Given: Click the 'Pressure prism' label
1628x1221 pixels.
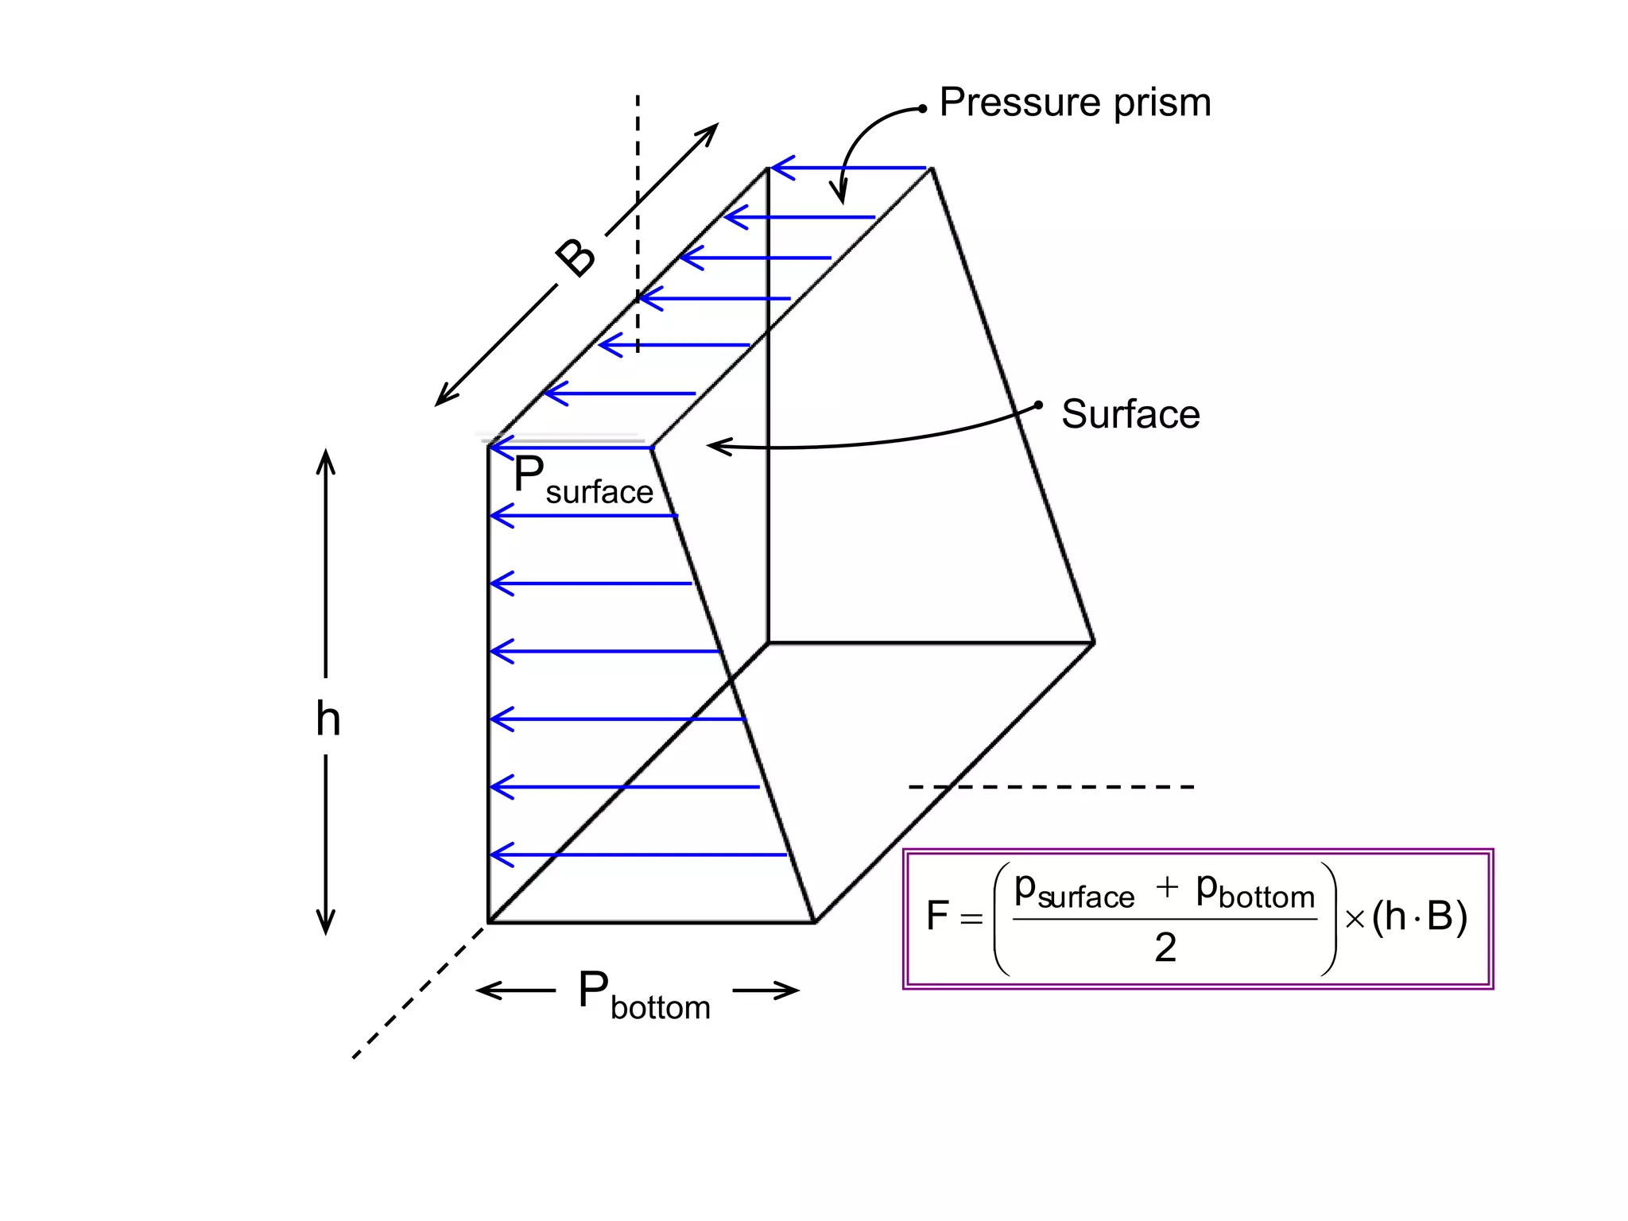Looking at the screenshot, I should (x=1075, y=103).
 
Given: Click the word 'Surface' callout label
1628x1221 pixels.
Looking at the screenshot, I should (x=1130, y=415).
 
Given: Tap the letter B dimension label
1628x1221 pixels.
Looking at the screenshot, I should (x=576, y=257).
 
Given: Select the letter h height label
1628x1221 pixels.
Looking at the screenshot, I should (x=328, y=719).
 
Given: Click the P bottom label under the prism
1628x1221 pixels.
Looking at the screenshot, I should (x=643, y=995).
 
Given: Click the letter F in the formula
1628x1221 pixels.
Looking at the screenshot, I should (x=937, y=916).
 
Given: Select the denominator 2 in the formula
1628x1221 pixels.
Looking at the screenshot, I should (x=1165, y=948).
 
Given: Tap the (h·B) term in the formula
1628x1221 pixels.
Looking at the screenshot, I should (x=1419, y=916).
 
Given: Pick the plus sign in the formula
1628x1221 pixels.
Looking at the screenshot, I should (x=1166, y=887).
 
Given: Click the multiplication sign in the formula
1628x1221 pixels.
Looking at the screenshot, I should (x=1355, y=920).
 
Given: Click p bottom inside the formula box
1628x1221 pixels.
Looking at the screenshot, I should (x=1255, y=891).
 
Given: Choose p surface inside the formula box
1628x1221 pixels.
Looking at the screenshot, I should (x=1074, y=891).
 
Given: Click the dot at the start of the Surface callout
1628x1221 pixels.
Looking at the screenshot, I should (x=1038, y=405).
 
